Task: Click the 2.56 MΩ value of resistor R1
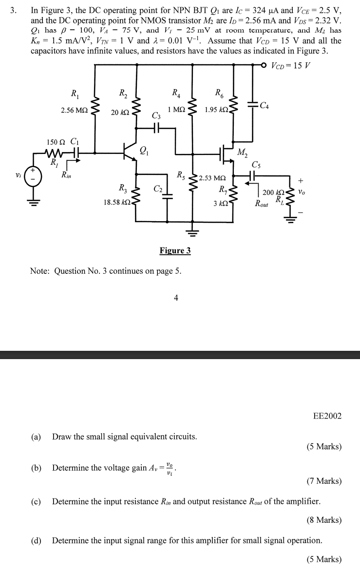coord(75,111)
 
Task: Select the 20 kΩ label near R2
coord(120,113)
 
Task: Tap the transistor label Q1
coord(144,150)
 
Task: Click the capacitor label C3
coord(156,115)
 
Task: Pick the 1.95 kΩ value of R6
coord(216,111)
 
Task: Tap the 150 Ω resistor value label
coord(56,142)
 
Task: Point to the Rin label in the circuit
coord(66,174)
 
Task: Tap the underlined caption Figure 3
coord(175,250)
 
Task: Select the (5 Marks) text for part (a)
coord(324,446)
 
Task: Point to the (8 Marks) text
coord(324,520)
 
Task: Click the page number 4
coord(176,298)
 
